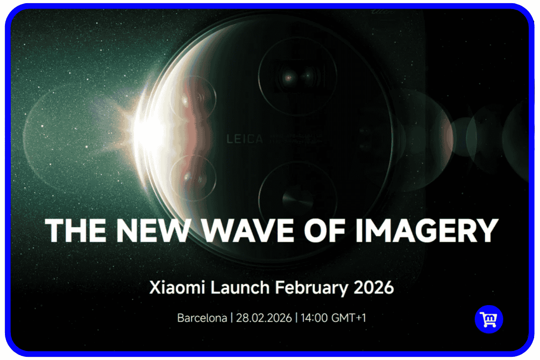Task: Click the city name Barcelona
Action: [x=202, y=318]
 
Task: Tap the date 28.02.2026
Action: [x=263, y=318]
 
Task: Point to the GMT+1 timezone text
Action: [x=349, y=318]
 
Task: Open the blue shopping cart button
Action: [x=489, y=319]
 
